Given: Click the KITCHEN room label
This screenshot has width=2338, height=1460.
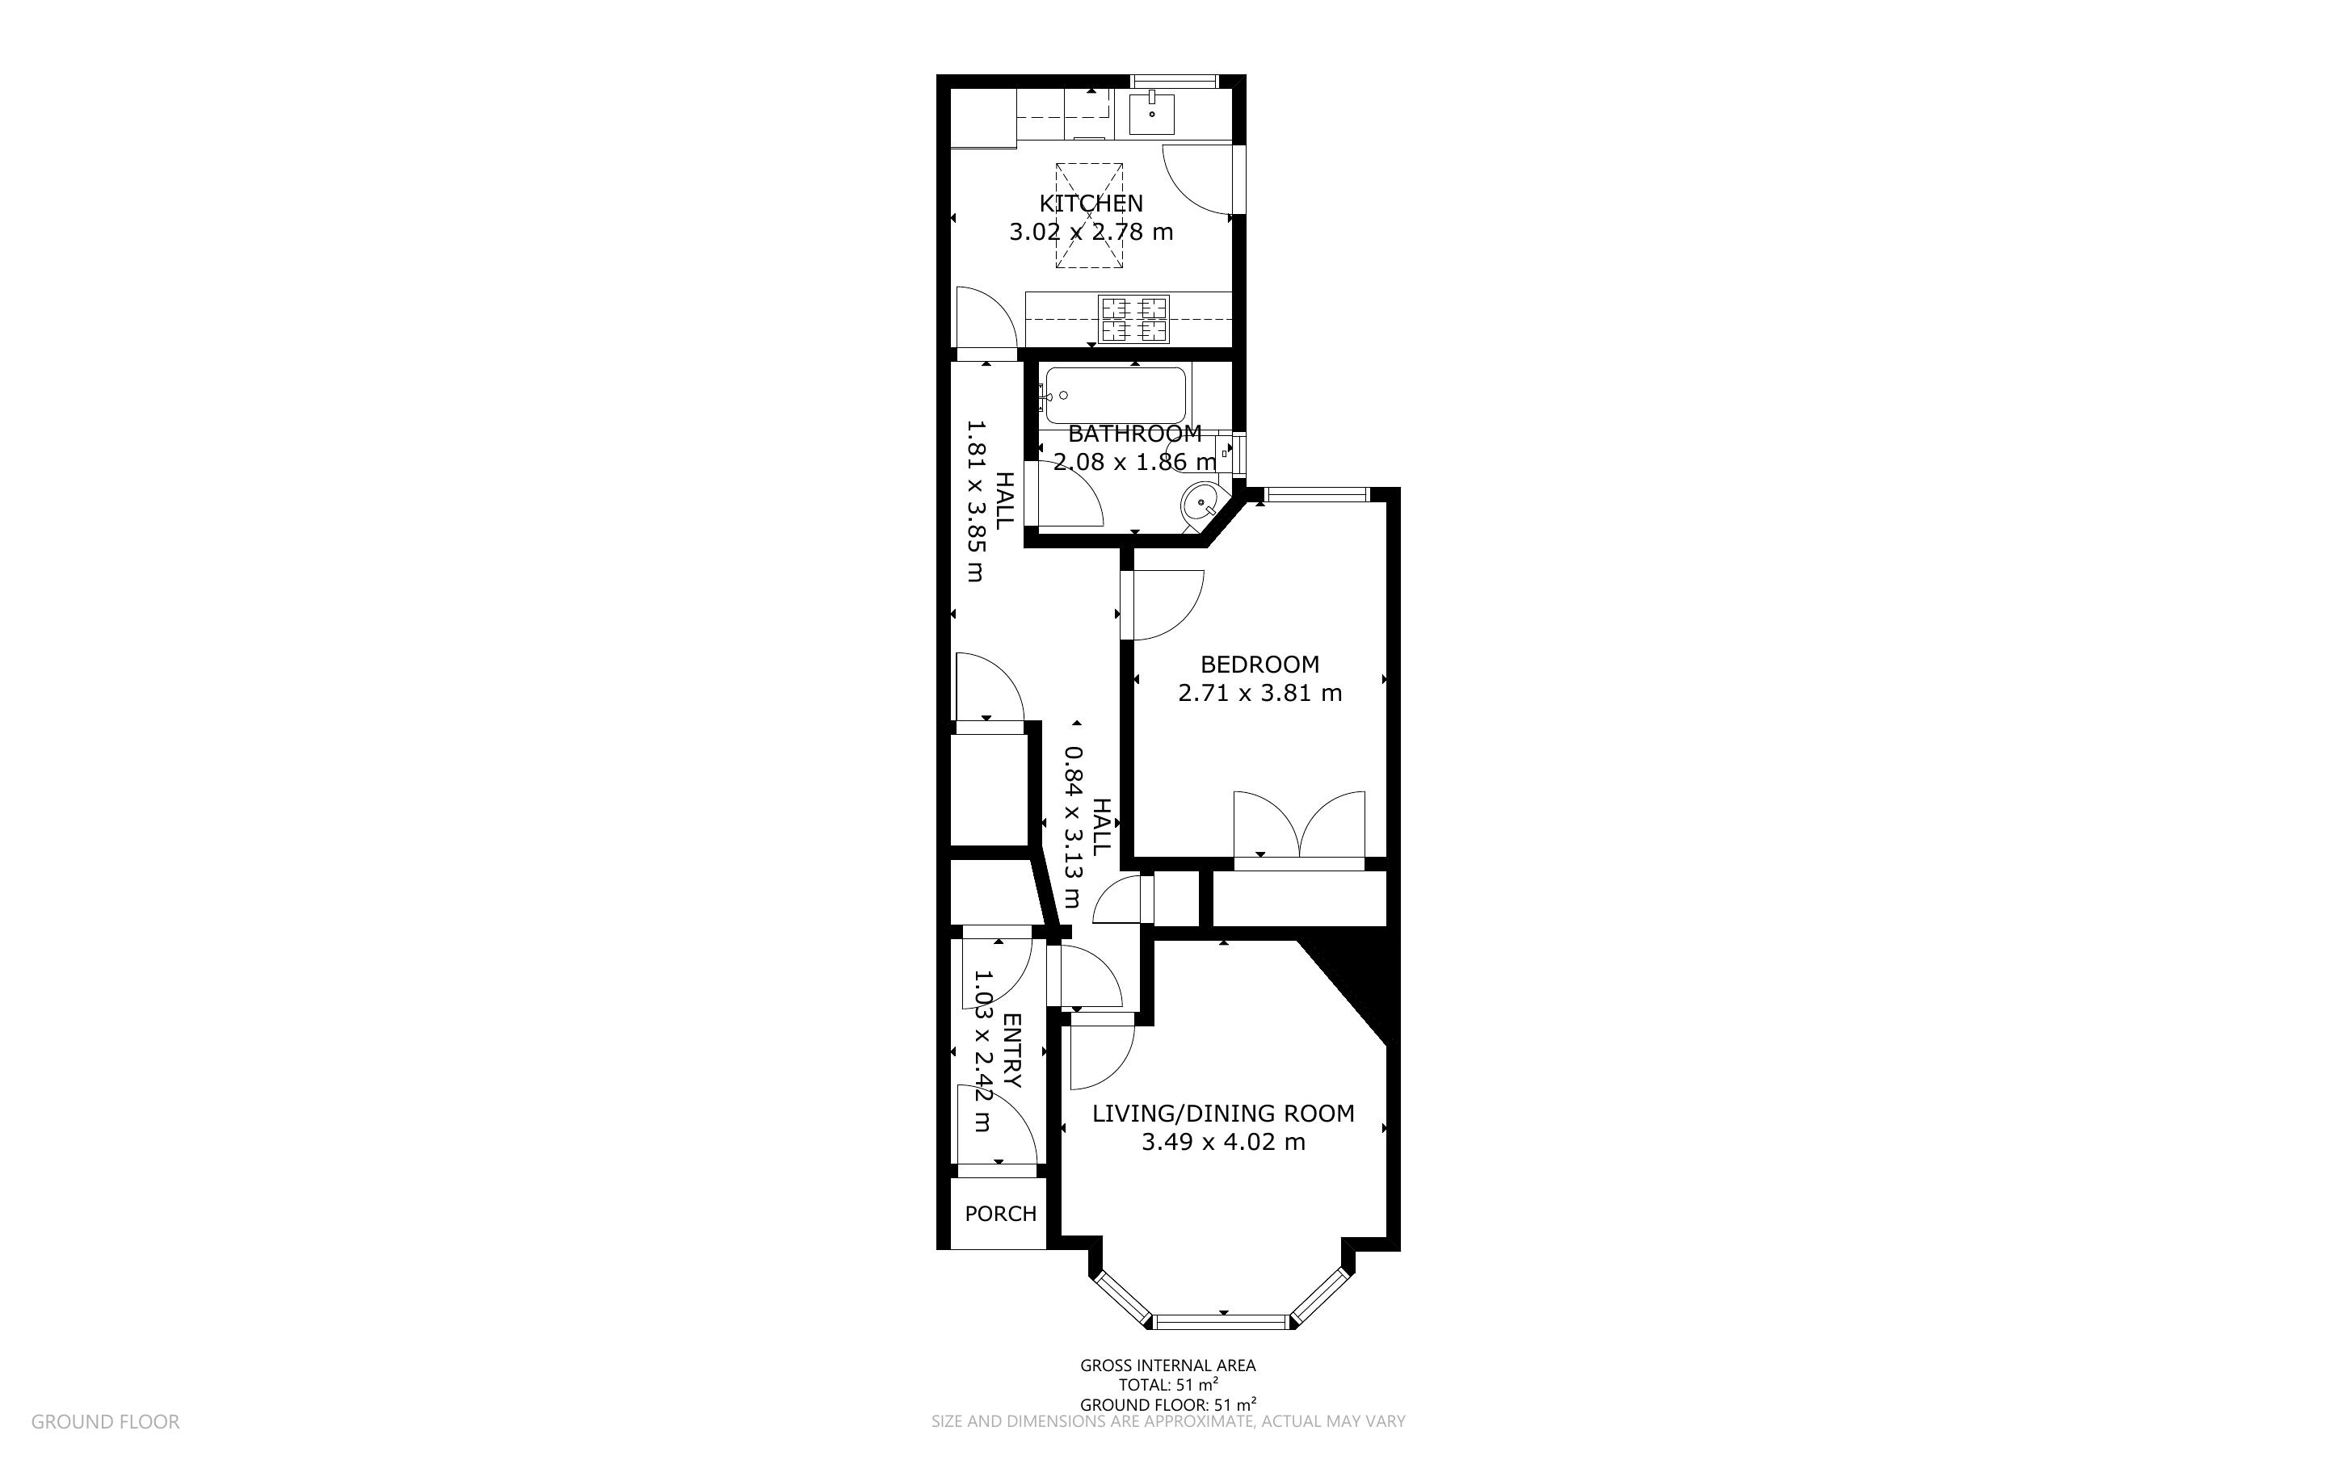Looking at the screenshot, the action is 1091,203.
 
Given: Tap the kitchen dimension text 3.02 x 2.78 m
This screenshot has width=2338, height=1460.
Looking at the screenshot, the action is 1091,232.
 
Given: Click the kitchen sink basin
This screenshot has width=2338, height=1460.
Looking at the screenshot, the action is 1152,112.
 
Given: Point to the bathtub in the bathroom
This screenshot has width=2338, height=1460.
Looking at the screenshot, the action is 1116,395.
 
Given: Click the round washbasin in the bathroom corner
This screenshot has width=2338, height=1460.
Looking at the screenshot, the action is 1201,502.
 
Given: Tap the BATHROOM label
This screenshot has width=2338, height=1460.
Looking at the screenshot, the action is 1135,434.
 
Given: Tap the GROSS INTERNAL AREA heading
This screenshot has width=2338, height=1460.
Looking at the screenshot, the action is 1167,1366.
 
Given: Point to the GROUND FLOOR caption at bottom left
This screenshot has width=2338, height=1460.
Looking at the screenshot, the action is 105,1421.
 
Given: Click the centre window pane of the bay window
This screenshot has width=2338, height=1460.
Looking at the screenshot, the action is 1222,1321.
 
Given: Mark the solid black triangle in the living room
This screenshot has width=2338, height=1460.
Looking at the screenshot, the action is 1358,975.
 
